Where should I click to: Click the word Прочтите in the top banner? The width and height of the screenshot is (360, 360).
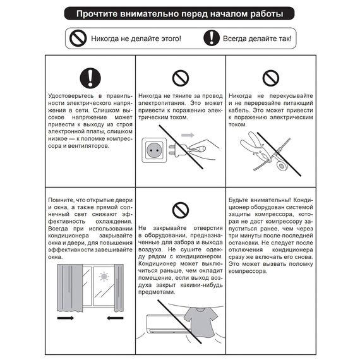point(96,13)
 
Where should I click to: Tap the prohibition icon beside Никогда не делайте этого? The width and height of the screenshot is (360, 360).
point(78,39)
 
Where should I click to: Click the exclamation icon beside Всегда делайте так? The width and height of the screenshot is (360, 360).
point(210,39)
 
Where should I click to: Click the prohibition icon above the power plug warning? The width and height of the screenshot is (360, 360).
point(181,78)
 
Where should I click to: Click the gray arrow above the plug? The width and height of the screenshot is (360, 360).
point(188,135)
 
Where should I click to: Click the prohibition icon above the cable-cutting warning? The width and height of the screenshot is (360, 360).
point(270,78)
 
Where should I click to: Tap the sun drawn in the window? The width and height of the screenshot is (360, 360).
point(104,276)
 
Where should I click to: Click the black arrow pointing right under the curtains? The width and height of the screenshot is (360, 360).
point(66,318)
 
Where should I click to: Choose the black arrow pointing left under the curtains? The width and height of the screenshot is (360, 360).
point(114,318)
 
